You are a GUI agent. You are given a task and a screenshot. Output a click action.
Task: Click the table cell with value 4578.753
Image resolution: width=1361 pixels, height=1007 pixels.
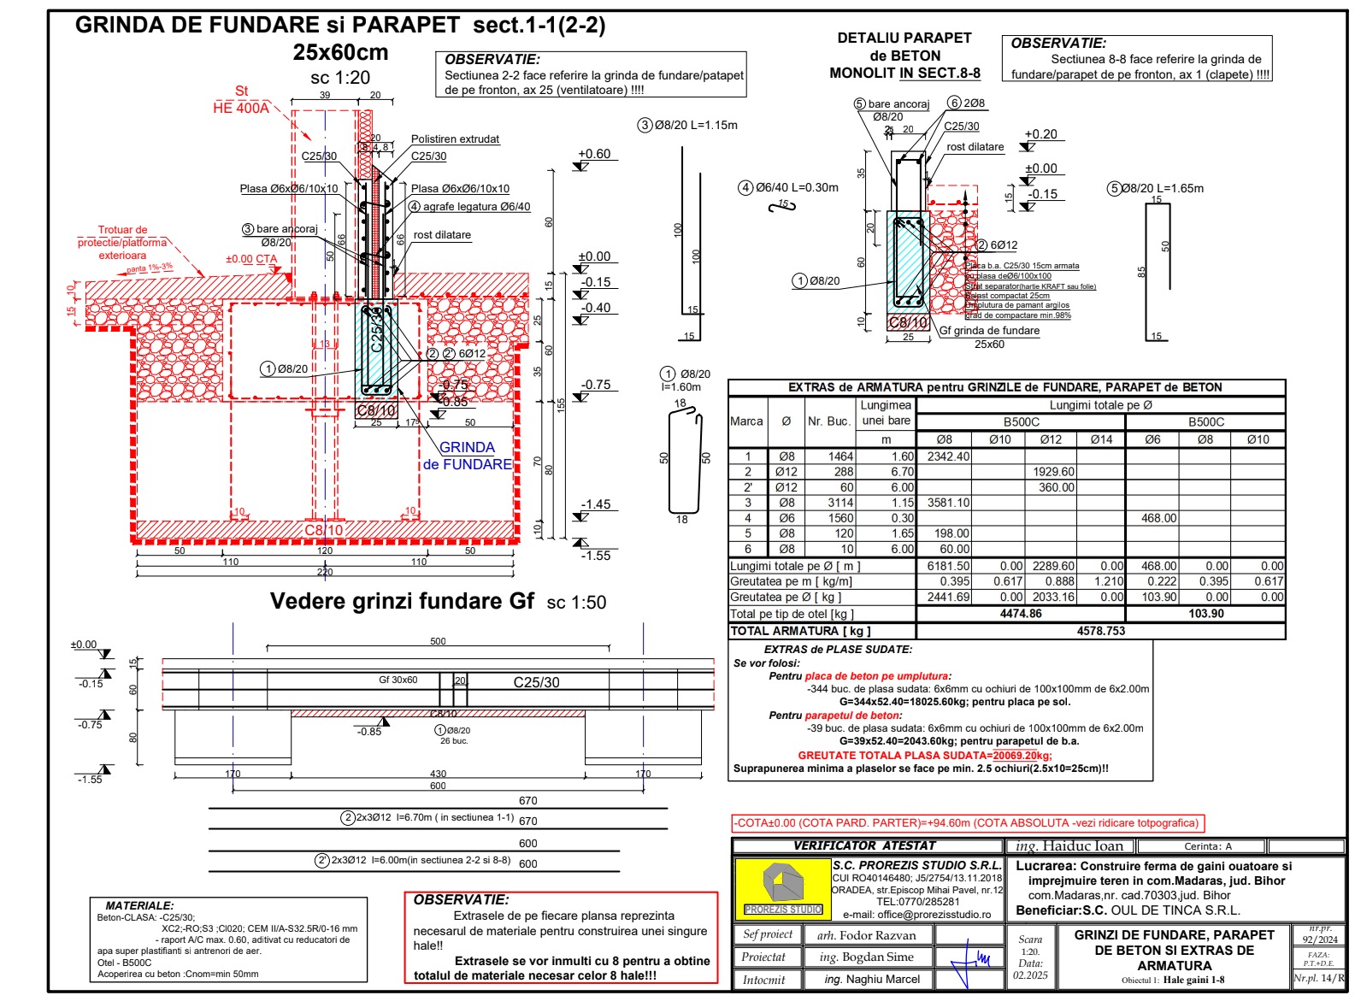(1100, 631)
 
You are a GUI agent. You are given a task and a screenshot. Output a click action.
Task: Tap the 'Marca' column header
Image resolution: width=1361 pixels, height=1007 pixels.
(746, 421)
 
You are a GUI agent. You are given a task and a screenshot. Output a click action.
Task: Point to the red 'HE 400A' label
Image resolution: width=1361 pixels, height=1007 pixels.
(240, 108)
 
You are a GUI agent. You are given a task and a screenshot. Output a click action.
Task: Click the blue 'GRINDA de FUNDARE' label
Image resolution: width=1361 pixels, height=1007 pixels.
(467, 456)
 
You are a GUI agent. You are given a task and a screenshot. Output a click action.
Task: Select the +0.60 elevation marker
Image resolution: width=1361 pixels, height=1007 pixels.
(594, 154)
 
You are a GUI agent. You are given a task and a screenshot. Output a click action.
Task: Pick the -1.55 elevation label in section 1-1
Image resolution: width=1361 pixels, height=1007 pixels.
(596, 556)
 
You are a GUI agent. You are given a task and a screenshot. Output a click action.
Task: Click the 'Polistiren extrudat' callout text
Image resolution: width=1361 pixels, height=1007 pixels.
(455, 139)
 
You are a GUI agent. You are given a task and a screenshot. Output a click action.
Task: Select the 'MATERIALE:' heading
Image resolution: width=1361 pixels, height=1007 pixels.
(139, 905)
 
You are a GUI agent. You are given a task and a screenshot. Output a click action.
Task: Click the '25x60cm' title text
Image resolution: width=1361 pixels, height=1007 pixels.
(340, 52)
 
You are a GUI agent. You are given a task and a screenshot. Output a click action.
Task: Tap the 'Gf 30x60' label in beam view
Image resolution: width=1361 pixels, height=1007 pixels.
(398, 680)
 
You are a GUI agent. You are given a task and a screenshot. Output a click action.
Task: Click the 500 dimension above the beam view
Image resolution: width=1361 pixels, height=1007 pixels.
(438, 641)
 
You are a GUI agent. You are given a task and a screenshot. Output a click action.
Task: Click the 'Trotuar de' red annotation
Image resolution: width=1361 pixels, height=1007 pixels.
(122, 230)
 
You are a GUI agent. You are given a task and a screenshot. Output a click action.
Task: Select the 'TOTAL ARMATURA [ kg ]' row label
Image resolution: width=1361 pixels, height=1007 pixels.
(800, 631)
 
